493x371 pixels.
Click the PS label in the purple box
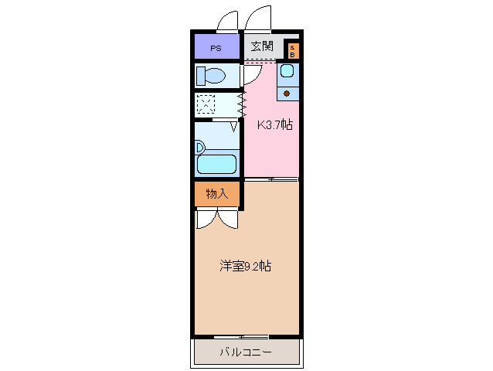[x=216, y=48]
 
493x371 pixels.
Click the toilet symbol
[x=210, y=76]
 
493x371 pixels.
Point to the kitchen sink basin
[x=286, y=72]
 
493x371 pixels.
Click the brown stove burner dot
[x=287, y=94]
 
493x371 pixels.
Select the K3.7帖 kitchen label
[x=274, y=124]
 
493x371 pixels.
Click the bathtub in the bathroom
[x=216, y=164]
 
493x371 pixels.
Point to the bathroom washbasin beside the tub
[x=200, y=147]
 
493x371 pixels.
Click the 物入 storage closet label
[x=216, y=194]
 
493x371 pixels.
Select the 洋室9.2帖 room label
[x=245, y=266]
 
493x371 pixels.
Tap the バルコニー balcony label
[x=245, y=352]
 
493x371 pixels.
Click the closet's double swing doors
[x=216, y=220]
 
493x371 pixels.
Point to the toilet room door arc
[x=250, y=74]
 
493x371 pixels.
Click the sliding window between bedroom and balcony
[x=242, y=337]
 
